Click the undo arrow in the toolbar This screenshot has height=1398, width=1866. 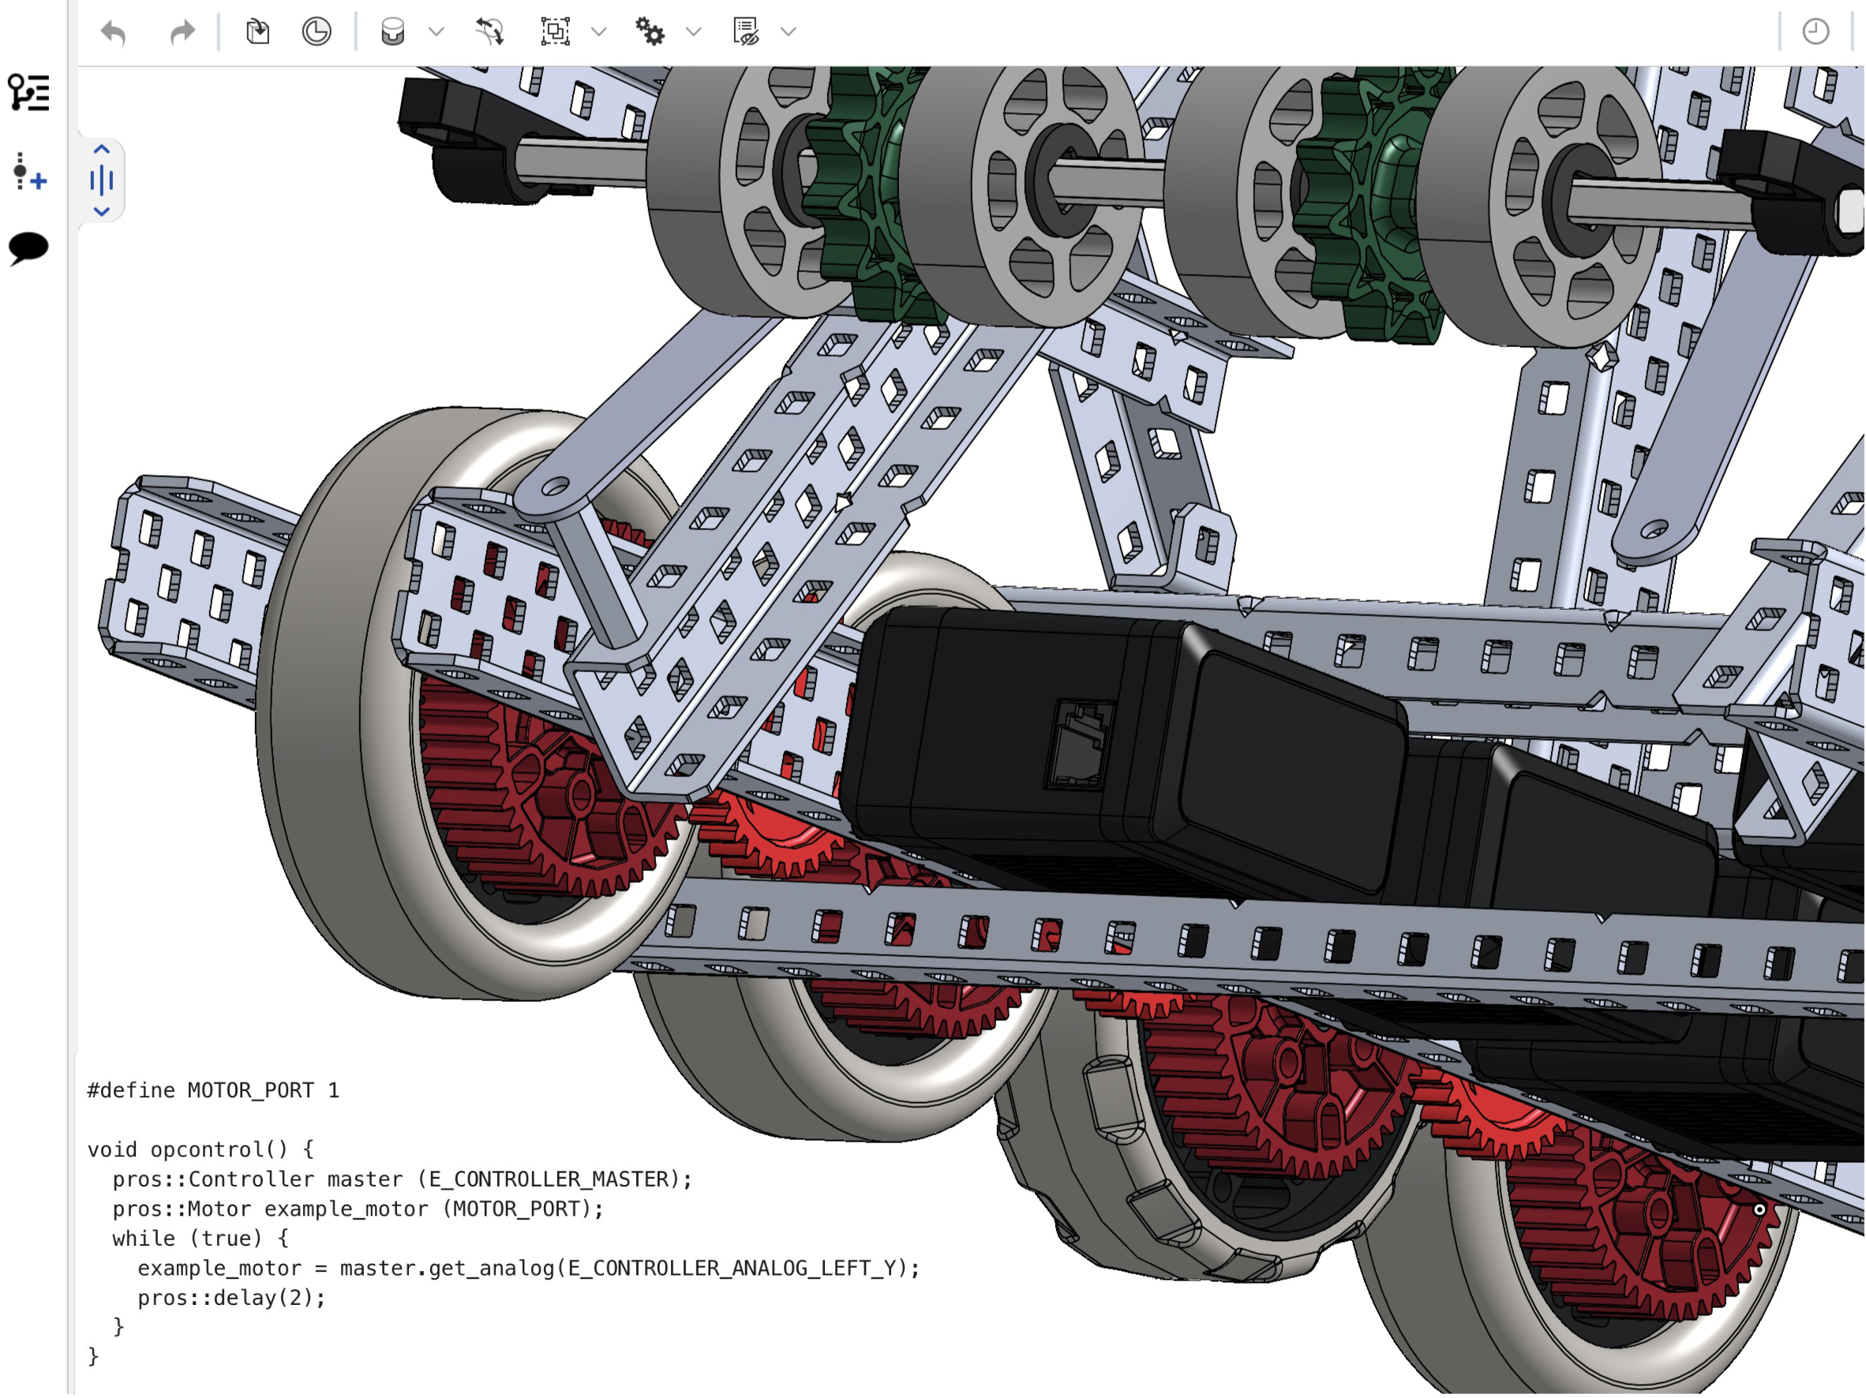coord(113,33)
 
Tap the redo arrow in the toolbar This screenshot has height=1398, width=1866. coord(182,33)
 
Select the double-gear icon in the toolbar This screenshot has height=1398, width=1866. coord(650,32)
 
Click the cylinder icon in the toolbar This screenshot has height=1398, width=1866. coord(392,32)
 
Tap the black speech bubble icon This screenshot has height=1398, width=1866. coord(28,248)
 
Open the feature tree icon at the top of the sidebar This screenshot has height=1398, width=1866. coord(28,93)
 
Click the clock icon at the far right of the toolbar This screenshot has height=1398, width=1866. coord(1815,32)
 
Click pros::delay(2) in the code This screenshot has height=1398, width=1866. coord(230,1298)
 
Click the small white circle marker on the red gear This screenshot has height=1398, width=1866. coord(1759,1209)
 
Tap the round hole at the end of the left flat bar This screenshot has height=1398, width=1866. coord(554,488)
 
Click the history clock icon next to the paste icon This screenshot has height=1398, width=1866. coord(317,32)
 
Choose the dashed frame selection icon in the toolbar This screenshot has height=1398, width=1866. coord(555,32)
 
